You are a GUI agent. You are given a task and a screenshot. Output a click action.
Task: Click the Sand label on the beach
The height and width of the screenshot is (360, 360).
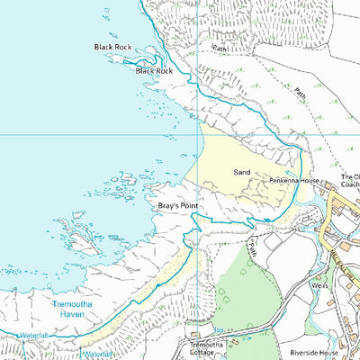tap(241, 171)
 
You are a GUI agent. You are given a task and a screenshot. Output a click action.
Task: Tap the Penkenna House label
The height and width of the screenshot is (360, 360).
tap(294, 181)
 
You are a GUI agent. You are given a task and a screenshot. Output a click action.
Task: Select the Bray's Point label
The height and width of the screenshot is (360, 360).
tap(177, 206)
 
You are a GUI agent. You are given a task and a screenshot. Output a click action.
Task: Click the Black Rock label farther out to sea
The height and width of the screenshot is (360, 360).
tap(112, 47)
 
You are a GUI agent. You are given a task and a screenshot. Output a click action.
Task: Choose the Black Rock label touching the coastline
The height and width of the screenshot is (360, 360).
tap(153, 70)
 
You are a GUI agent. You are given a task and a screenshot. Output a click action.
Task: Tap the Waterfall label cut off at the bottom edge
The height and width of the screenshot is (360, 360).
tap(100, 355)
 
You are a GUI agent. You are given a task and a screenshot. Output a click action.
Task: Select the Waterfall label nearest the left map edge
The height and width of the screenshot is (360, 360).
tap(31, 335)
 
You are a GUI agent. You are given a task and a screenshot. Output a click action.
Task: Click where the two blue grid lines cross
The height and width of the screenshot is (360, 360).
tap(197, 135)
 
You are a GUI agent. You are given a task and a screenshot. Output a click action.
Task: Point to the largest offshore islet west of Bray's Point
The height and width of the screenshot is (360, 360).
tap(81, 238)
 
